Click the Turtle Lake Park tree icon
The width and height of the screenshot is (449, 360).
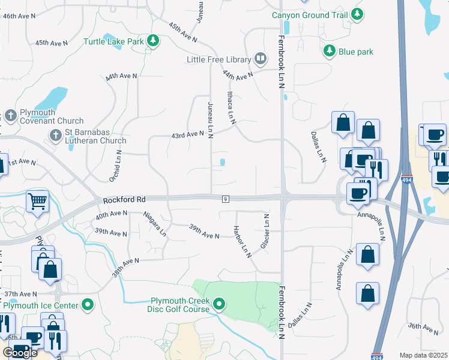[x=154, y=40]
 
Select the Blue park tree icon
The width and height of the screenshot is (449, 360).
[x=329, y=52]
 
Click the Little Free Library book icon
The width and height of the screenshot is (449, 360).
[x=261, y=58]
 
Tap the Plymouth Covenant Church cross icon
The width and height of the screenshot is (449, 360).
[x=10, y=114]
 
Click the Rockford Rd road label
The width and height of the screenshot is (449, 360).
[x=124, y=200]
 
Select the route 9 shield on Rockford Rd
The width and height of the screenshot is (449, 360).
[x=225, y=199]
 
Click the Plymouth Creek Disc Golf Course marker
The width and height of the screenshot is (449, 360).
[x=219, y=305]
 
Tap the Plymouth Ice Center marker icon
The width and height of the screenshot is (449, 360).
[x=88, y=305]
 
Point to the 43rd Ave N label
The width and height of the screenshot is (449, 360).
[x=187, y=134]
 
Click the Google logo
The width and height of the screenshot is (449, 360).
[x=20, y=353]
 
